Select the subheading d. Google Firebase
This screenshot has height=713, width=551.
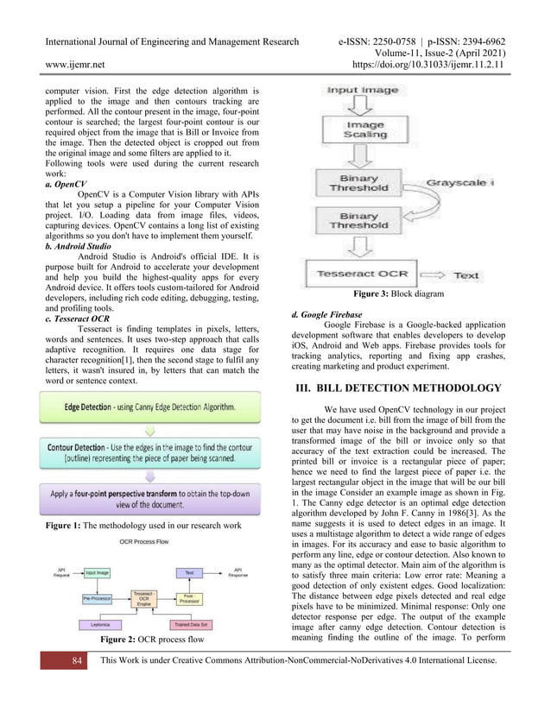tap(327, 314)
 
